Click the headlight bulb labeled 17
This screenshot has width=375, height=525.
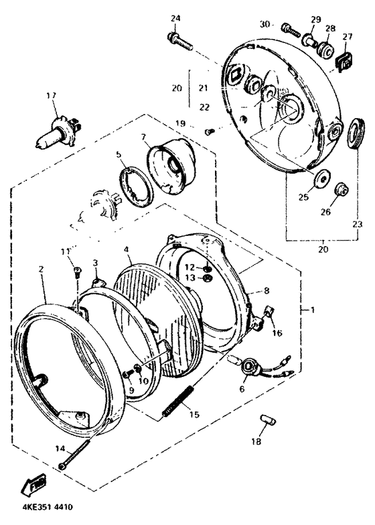pos(58,131)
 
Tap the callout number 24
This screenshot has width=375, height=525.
pos(175,18)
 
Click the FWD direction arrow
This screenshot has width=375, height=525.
pos(33,485)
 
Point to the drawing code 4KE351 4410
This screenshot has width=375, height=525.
pos(47,508)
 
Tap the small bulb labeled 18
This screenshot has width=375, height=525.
pos(267,419)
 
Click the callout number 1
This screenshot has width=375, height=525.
pos(313,310)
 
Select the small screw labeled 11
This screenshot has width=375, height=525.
pos(76,272)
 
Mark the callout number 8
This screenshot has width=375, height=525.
pos(267,290)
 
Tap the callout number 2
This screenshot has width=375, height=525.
pos(41,269)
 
